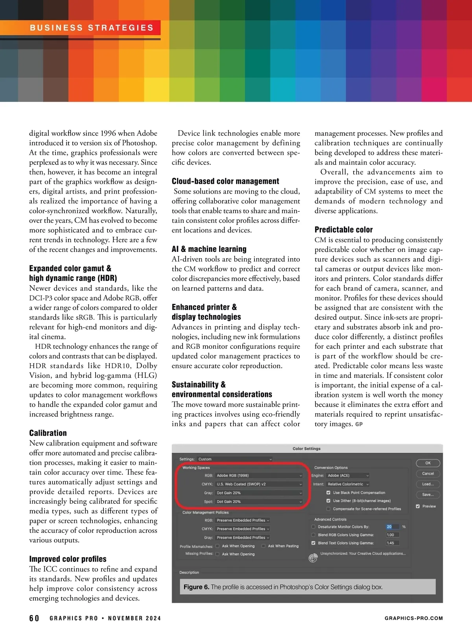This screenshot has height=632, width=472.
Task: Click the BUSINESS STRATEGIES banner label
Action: click(92, 28)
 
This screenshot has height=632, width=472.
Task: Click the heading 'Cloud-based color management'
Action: click(225, 181)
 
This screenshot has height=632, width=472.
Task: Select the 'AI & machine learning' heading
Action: click(209, 249)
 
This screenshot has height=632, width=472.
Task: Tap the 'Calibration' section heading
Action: click(48, 433)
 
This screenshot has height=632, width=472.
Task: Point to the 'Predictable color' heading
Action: click(343, 230)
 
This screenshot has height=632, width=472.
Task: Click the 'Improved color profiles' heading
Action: click(68, 559)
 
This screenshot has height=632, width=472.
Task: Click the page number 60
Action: click(34, 618)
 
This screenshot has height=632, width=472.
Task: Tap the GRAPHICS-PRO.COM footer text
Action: click(413, 618)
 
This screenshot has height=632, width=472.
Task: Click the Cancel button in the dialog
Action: click(428, 474)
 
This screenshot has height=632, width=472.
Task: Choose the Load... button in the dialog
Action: click(428, 484)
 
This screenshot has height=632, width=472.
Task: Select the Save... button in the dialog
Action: click(428, 495)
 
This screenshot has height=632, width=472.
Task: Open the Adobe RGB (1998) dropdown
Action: click(259, 475)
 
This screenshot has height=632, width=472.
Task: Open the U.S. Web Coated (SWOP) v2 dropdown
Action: click(259, 484)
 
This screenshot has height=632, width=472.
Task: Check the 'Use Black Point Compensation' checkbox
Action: click(328, 493)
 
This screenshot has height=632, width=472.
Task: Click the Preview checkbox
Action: click(418, 506)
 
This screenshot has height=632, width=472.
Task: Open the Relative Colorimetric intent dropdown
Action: click(348, 484)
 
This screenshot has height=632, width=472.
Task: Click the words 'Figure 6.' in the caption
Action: click(196, 587)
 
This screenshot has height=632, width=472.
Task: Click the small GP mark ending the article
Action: click(359, 424)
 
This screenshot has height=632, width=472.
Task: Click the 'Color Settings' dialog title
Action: click(306, 449)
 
